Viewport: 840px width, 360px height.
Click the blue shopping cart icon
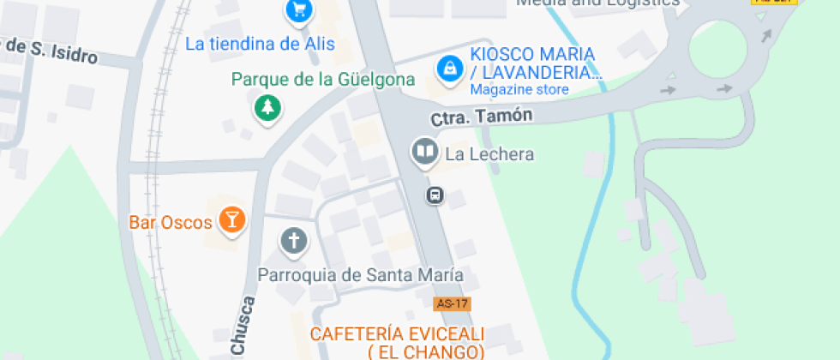298,10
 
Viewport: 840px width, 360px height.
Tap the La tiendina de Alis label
260,44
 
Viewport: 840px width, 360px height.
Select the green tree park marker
268,107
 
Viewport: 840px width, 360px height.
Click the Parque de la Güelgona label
323,80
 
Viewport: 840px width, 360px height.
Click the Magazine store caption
519,89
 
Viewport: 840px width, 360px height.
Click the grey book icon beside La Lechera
424,153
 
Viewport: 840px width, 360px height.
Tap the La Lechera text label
489,154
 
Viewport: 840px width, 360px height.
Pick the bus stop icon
435,195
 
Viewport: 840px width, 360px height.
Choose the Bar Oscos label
171,223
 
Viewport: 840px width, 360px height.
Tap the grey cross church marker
293,241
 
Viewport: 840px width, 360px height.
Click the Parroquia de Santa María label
361,275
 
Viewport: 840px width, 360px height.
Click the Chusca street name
243,326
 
